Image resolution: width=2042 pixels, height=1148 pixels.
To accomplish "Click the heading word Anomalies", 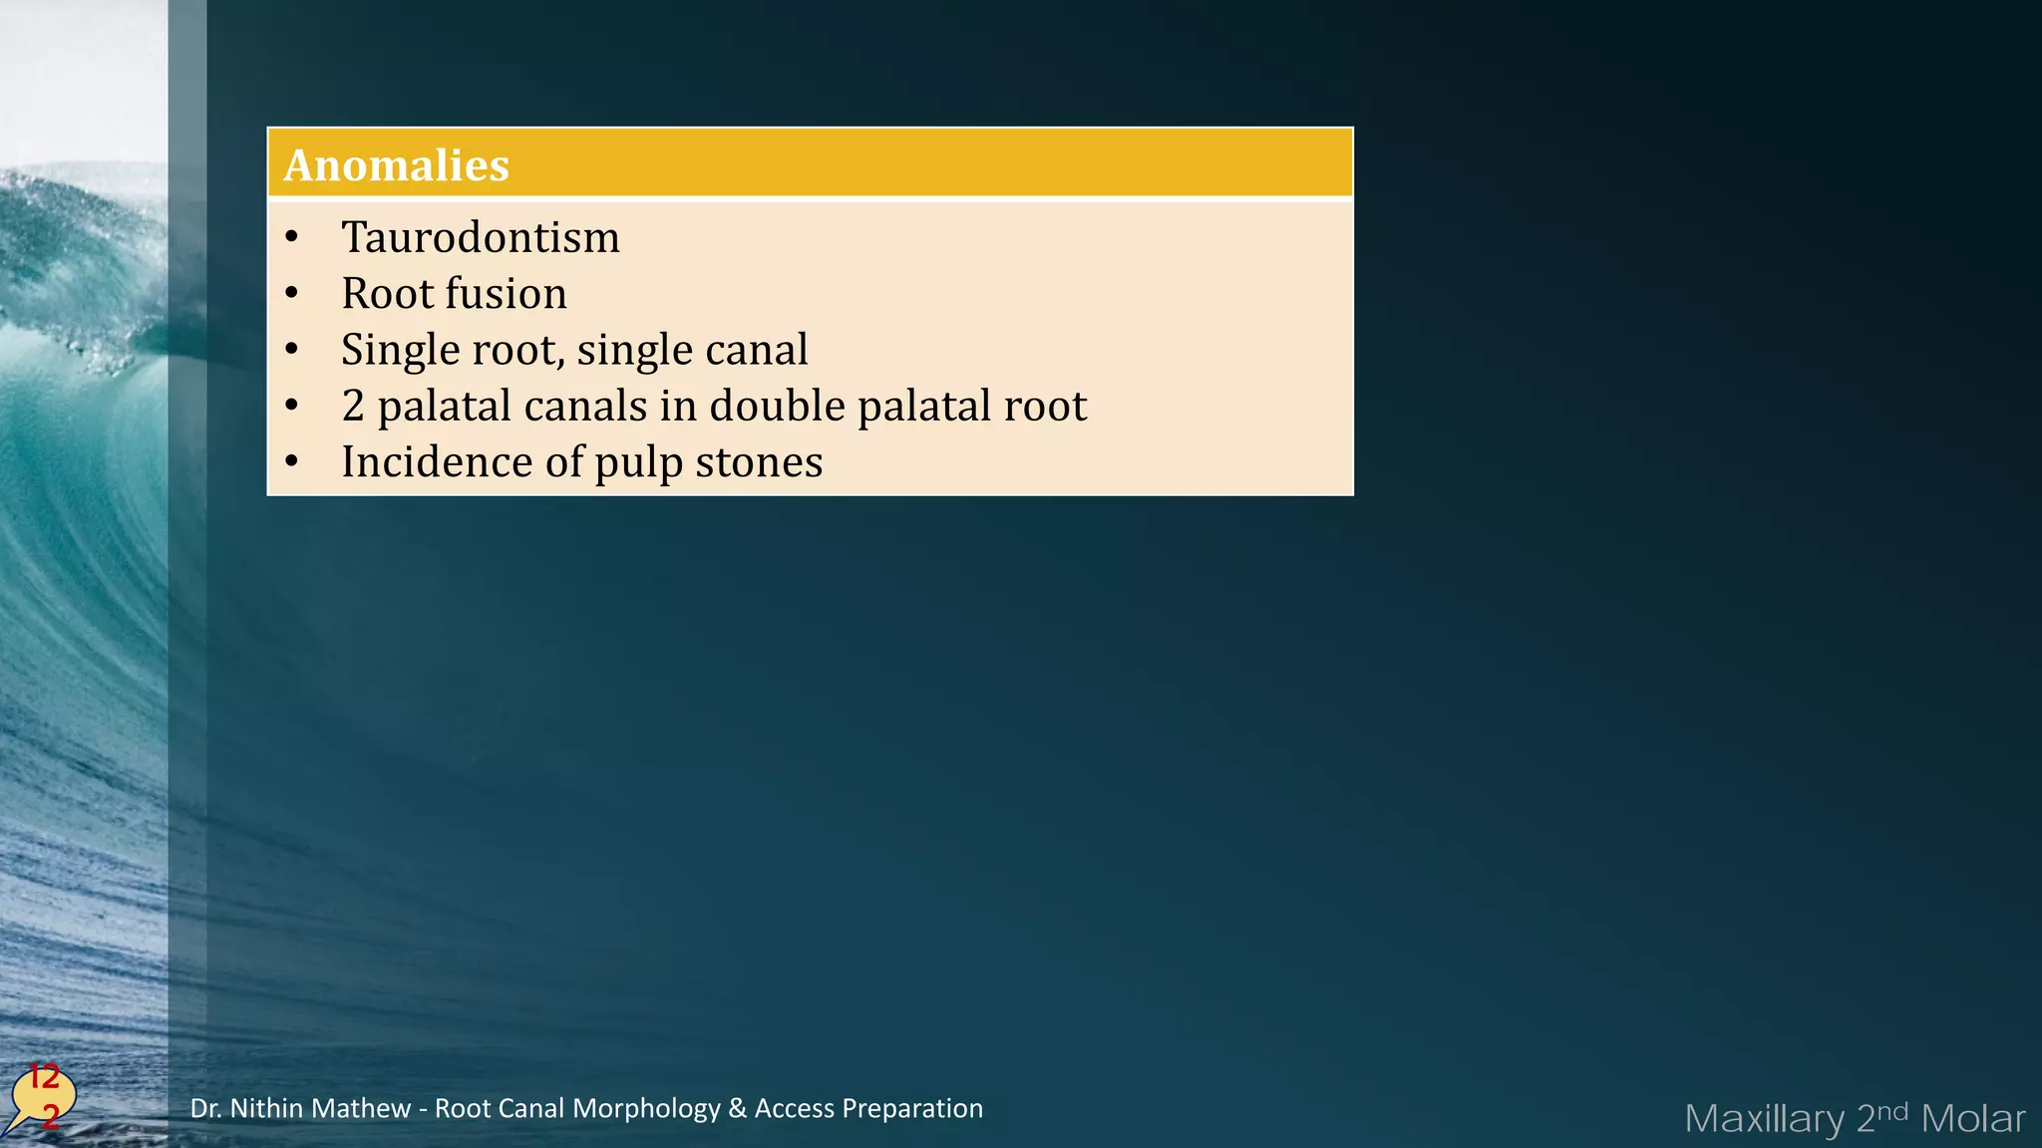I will [396, 165].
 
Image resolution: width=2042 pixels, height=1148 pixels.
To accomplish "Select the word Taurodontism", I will [480, 238].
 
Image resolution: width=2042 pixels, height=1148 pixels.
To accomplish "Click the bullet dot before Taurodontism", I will [291, 238].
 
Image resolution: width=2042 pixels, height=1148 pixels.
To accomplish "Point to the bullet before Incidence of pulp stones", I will [291, 462].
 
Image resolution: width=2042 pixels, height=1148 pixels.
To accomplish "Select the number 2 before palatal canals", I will [353, 407].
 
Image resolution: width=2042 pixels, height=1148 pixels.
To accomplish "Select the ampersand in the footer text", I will [737, 1108].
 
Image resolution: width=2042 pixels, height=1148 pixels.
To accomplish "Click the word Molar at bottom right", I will [1972, 1119].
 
